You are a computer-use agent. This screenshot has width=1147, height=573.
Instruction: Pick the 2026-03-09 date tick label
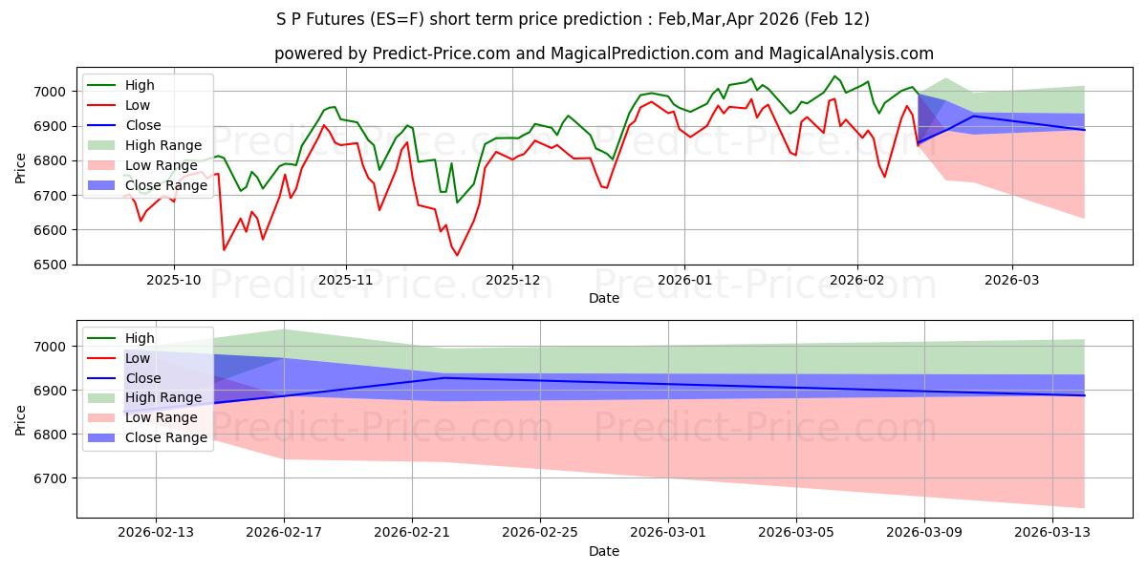tap(924, 532)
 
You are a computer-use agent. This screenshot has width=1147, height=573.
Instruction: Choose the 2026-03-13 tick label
tap(1052, 532)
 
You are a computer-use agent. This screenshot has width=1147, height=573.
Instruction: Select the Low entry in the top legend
tap(138, 105)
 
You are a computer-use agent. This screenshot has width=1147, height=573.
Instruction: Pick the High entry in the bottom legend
tap(140, 338)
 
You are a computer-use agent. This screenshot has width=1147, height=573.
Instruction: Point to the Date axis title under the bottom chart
tap(603, 551)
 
